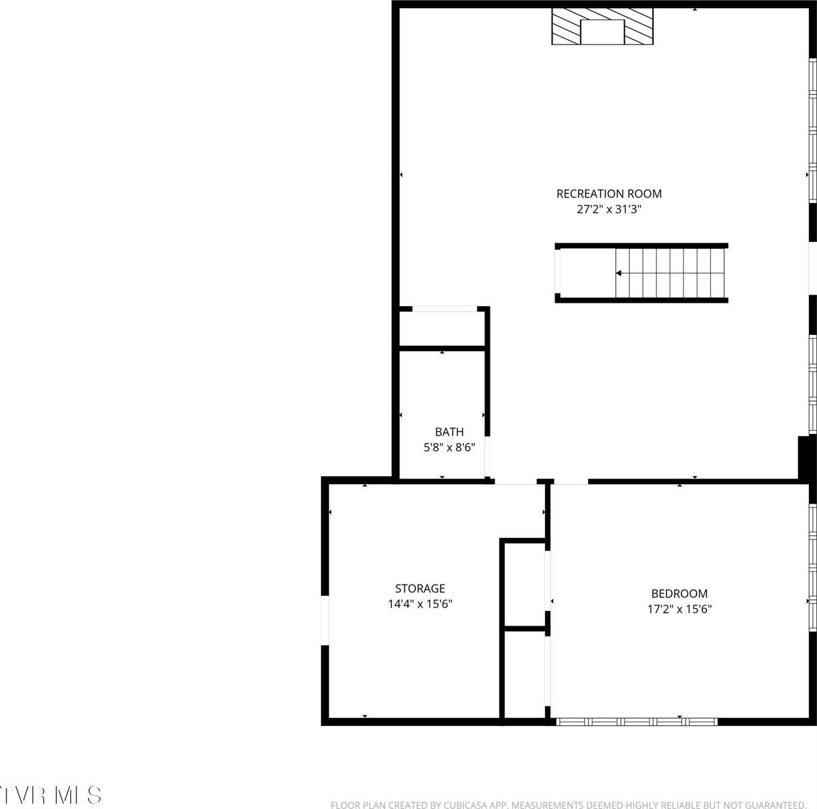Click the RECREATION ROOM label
(609, 194)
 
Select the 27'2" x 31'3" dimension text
(609, 210)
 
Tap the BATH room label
(449, 432)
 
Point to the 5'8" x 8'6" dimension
(449, 448)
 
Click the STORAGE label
(420, 589)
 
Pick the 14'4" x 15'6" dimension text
(420, 604)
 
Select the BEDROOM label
(679, 594)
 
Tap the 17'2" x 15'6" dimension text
(679, 609)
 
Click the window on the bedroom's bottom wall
(637, 721)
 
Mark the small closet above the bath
(441, 328)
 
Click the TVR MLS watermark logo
(51, 794)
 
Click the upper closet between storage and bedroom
(524, 583)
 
